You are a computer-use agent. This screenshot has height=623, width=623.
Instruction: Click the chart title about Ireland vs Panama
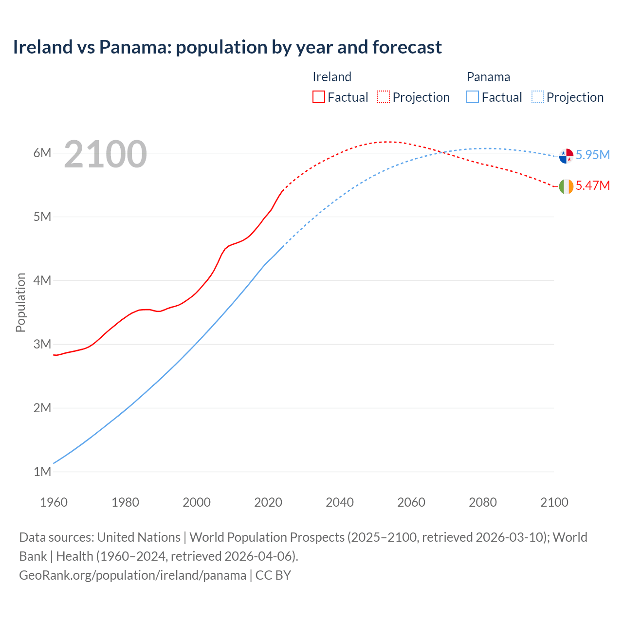pyautogui.click(x=227, y=47)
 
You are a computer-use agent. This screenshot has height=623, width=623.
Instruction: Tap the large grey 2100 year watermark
pyautogui.click(x=105, y=154)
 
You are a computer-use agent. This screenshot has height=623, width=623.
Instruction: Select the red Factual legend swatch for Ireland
pyautogui.click(x=318, y=97)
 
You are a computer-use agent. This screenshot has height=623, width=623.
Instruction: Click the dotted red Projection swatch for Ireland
pyautogui.click(x=384, y=97)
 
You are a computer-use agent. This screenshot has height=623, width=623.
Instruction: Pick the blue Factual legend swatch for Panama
pyautogui.click(x=473, y=97)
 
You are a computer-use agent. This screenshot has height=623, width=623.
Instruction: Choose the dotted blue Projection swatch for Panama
pyautogui.click(x=537, y=97)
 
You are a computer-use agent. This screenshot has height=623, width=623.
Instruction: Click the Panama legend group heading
pyautogui.click(x=488, y=77)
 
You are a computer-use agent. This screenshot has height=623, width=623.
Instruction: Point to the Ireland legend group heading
pyautogui.click(x=331, y=77)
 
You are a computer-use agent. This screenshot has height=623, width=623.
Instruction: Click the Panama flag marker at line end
pyautogui.click(x=566, y=156)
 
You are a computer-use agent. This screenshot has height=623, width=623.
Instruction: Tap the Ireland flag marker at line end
pyautogui.click(x=566, y=186)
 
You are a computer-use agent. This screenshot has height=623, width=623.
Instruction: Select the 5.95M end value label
pyautogui.click(x=592, y=155)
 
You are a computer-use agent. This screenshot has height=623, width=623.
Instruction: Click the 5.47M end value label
pyautogui.click(x=592, y=185)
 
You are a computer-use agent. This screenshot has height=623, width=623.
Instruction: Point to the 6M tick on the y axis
pyautogui.click(x=42, y=153)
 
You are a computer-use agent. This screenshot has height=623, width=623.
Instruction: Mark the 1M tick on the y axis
pyautogui.click(x=42, y=472)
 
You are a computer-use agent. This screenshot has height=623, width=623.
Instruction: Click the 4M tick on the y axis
pyautogui.click(x=42, y=280)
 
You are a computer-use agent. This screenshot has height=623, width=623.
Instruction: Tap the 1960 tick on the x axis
pyautogui.click(x=54, y=502)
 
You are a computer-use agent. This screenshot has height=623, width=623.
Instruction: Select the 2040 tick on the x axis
pyautogui.click(x=340, y=502)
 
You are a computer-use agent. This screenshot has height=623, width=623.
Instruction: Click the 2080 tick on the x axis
pyautogui.click(x=483, y=502)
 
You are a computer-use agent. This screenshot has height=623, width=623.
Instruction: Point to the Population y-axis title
pyautogui.click(x=20, y=302)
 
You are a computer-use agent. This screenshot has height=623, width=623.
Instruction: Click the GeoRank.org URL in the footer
pyautogui.click(x=132, y=575)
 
